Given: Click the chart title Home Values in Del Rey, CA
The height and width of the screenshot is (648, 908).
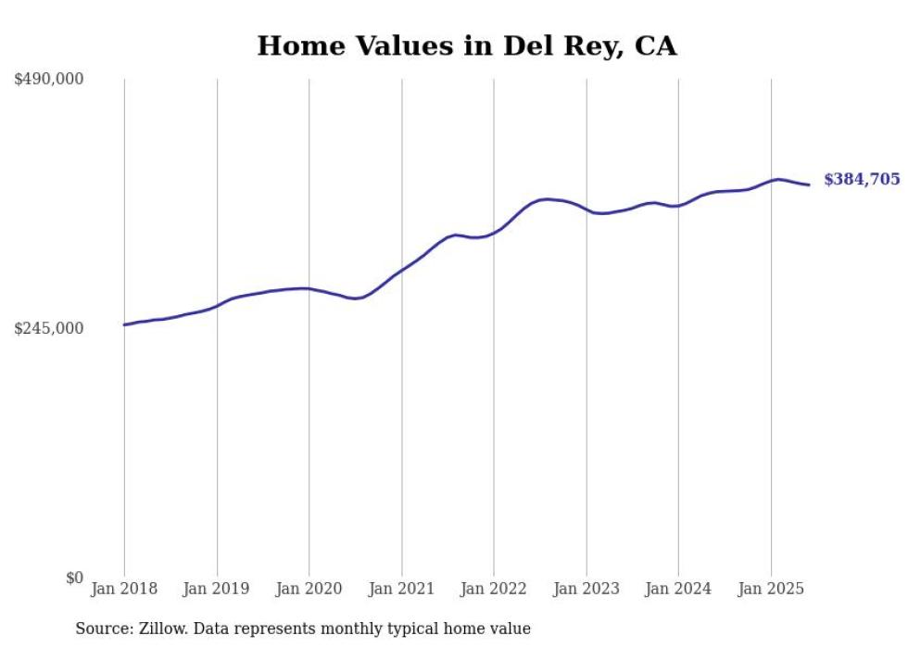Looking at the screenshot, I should tap(467, 45).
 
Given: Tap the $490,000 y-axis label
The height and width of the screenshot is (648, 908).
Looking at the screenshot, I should tap(49, 80).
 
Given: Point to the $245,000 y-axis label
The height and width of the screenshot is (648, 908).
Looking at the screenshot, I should tap(49, 328).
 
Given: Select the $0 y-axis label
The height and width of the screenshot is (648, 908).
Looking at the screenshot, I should tap(75, 578).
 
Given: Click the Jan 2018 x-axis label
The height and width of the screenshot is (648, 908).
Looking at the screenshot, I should tap(124, 589).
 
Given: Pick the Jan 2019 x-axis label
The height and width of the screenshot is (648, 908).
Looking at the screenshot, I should tap(217, 589).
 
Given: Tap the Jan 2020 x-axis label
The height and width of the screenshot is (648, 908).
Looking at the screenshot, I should tap(309, 589).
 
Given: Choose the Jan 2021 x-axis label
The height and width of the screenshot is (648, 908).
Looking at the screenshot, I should tap(401, 589).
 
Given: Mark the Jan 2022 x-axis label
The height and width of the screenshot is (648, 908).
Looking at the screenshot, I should tap(494, 589).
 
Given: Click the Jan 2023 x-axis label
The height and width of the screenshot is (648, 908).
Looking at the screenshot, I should tap(586, 589).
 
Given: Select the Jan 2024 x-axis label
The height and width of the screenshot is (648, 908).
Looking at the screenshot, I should tap(678, 589).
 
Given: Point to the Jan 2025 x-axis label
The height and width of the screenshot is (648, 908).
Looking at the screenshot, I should tap(770, 589).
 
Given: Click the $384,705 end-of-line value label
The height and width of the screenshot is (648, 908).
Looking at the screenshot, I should tap(862, 180).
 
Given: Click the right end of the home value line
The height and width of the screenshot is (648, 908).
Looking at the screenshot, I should tap(809, 184).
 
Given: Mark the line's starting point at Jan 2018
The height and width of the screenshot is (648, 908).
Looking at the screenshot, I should tap(124, 324).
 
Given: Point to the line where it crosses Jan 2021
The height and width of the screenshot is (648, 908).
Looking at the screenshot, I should tap(401, 271).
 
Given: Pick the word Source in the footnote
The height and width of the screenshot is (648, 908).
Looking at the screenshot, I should tap(102, 629).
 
